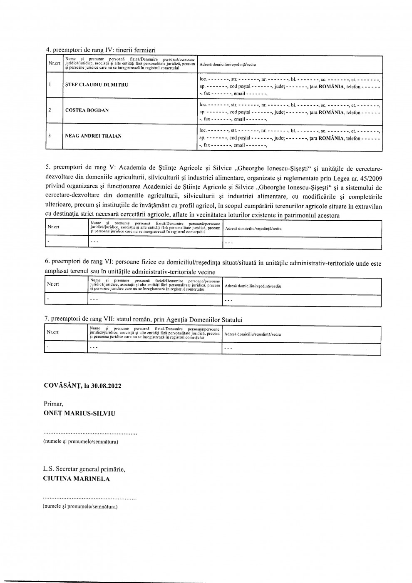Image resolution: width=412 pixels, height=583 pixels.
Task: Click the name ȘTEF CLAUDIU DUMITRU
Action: [x=97, y=85]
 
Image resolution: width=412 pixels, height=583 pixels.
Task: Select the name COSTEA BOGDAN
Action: [x=87, y=110]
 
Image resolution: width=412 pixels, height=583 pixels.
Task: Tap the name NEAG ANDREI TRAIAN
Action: [x=93, y=136]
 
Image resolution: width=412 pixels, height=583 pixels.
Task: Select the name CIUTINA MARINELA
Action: [x=77, y=478]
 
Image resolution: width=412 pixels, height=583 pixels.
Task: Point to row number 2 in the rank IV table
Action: [x=50, y=110]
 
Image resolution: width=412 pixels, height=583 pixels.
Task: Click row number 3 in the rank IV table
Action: [x=50, y=136]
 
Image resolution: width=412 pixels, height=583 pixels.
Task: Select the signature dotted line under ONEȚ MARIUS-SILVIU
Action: [x=90, y=434]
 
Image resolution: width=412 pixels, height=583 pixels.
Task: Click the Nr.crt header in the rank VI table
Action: [x=53, y=284]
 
